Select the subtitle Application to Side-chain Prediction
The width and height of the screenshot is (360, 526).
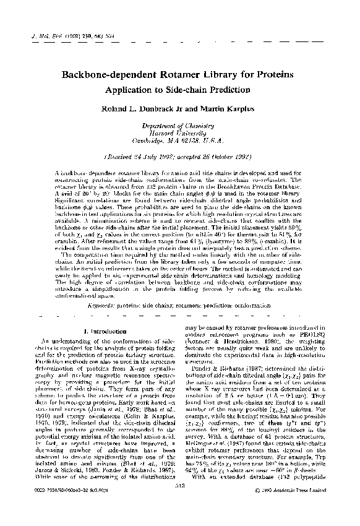179,89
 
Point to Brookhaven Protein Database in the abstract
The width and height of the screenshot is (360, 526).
272,186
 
